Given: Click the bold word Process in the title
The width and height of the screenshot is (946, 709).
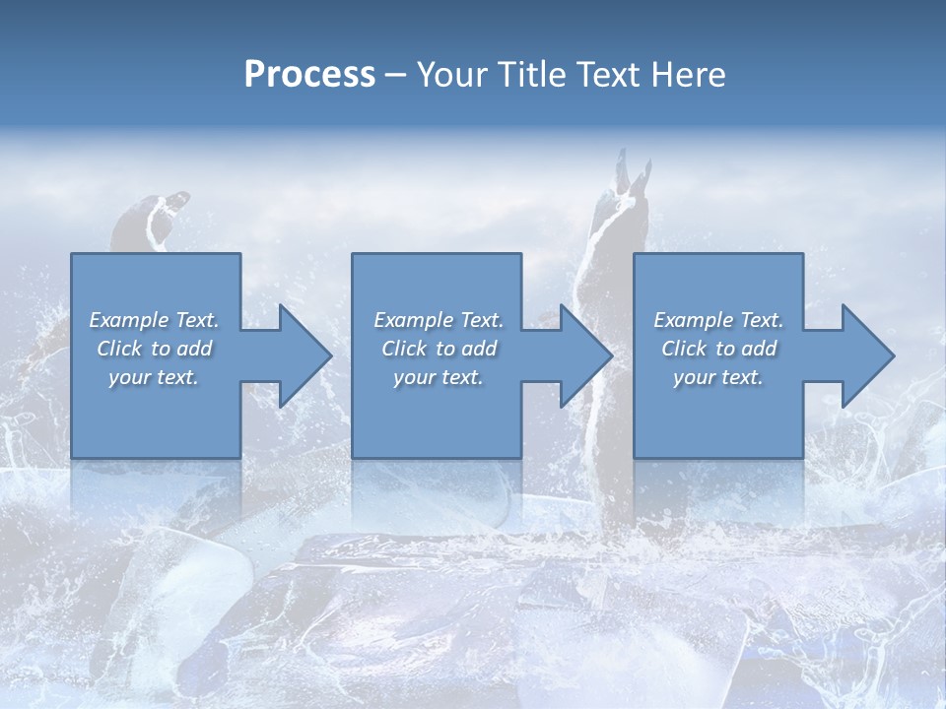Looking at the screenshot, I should (x=309, y=75).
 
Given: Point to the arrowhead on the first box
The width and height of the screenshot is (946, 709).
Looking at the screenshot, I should (x=302, y=355).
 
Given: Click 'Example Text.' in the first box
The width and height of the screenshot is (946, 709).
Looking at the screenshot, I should (x=154, y=320).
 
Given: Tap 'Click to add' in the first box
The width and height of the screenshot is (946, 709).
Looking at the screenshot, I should (x=154, y=349).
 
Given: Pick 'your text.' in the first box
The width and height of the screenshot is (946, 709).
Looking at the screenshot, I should (x=154, y=377).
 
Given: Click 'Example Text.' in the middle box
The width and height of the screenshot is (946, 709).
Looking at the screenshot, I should (x=438, y=320).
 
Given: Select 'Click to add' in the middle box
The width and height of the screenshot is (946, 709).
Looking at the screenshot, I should (x=438, y=349).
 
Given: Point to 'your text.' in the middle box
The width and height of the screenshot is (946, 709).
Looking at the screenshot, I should (x=438, y=377).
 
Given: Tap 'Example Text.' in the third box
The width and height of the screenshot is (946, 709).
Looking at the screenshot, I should (x=718, y=320).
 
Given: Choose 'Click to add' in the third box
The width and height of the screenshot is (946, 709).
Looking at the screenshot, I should (x=718, y=349).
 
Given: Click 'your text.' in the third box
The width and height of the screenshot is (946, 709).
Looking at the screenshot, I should (x=718, y=377).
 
